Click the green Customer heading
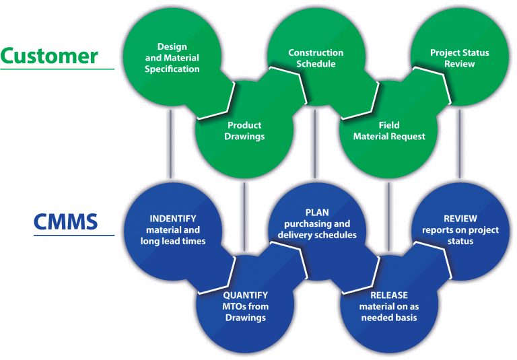tap(49, 55)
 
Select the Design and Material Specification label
tap(172, 58)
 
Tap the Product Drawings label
tap(244, 131)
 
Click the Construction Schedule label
tap(316, 59)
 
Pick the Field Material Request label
tap(389, 131)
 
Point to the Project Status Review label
tap(459, 59)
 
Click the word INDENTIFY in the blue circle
tap(172, 219)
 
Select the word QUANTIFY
tap(245, 295)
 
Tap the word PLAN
tap(316, 213)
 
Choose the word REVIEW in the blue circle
tap(460, 219)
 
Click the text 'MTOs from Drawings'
tap(245, 312)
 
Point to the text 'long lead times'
tap(172, 240)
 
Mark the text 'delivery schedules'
tap(317, 235)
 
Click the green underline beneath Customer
tap(57, 69)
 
